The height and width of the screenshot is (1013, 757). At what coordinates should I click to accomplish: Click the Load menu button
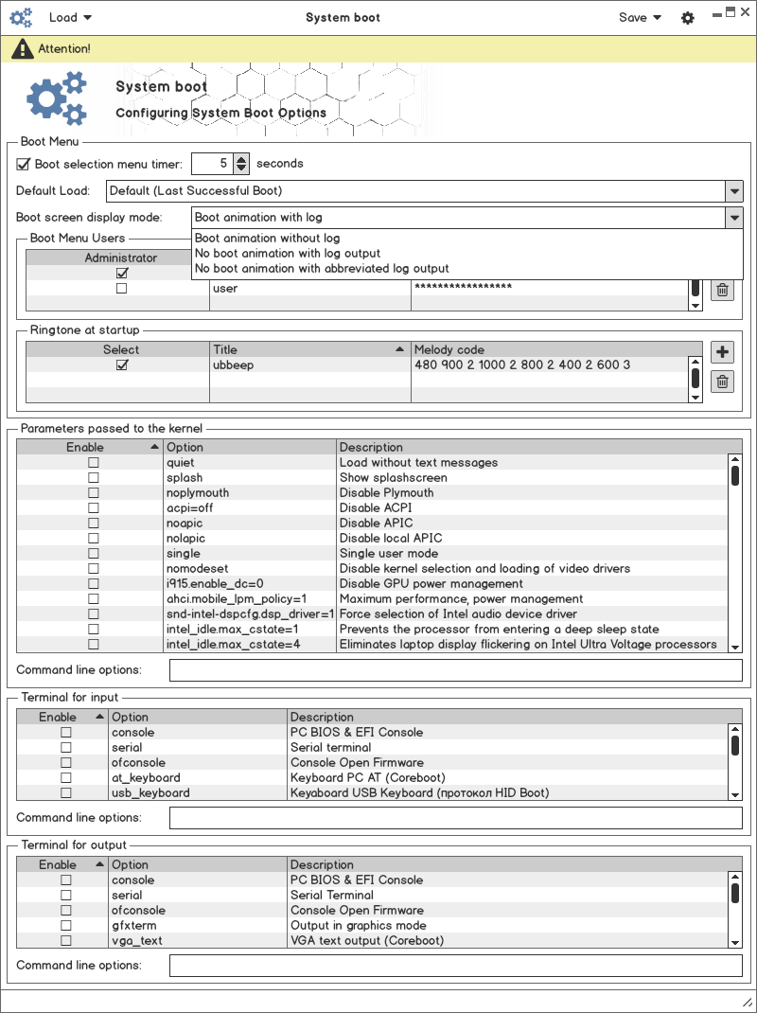[x=69, y=17]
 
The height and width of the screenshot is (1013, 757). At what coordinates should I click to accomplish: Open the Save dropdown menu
[x=640, y=17]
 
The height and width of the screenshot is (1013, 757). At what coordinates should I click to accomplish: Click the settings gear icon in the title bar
[x=688, y=18]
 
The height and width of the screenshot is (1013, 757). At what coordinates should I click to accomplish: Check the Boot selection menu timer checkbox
[x=24, y=164]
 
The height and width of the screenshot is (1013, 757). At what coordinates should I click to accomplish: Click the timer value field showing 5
[x=212, y=164]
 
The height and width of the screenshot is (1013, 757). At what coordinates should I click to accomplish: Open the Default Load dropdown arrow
[x=734, y=190]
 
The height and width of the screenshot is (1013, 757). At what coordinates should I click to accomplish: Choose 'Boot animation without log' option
[x=267, y=239]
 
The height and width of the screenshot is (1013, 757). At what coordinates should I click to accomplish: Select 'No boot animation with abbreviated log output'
[x=322, y=269]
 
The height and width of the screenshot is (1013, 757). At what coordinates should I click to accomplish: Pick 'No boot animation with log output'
[x=288, y=254]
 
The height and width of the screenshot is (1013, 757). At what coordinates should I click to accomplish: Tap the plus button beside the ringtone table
[x=722, y=353]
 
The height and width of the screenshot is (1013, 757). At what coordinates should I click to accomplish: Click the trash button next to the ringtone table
[x=722, y=382]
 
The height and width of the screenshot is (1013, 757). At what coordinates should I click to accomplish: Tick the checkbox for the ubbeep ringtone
[x=121, y=364]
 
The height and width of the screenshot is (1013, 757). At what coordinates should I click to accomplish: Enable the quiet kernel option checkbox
[x=93, y=463]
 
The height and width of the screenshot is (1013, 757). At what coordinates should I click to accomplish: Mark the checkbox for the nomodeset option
[x=93, y=569]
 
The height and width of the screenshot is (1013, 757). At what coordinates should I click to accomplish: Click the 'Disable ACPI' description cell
[x=376, y=508]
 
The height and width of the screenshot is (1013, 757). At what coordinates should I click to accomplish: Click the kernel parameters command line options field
[x=455, y=670]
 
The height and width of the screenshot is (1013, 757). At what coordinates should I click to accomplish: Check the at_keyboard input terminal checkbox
[x=66, y=778]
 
